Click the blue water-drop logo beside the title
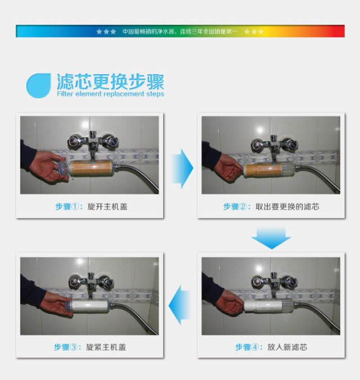point(38,86)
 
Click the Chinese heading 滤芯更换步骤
point(110,82)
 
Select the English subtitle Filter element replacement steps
point(111,94)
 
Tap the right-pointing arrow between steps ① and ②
point(182,169)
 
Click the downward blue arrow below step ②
point(272,239)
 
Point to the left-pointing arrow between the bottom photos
point(179,305)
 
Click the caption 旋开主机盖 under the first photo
point(107,207)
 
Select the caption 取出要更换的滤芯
point(287,207)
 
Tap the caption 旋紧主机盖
point(106,347)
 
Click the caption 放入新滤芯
point(287,347)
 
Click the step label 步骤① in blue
point(66,207)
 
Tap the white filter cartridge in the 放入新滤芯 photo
point(263,306)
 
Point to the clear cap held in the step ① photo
point(62,168)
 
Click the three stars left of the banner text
point(106,31)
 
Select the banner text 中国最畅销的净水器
point(148,31)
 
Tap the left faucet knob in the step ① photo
point(74,141)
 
